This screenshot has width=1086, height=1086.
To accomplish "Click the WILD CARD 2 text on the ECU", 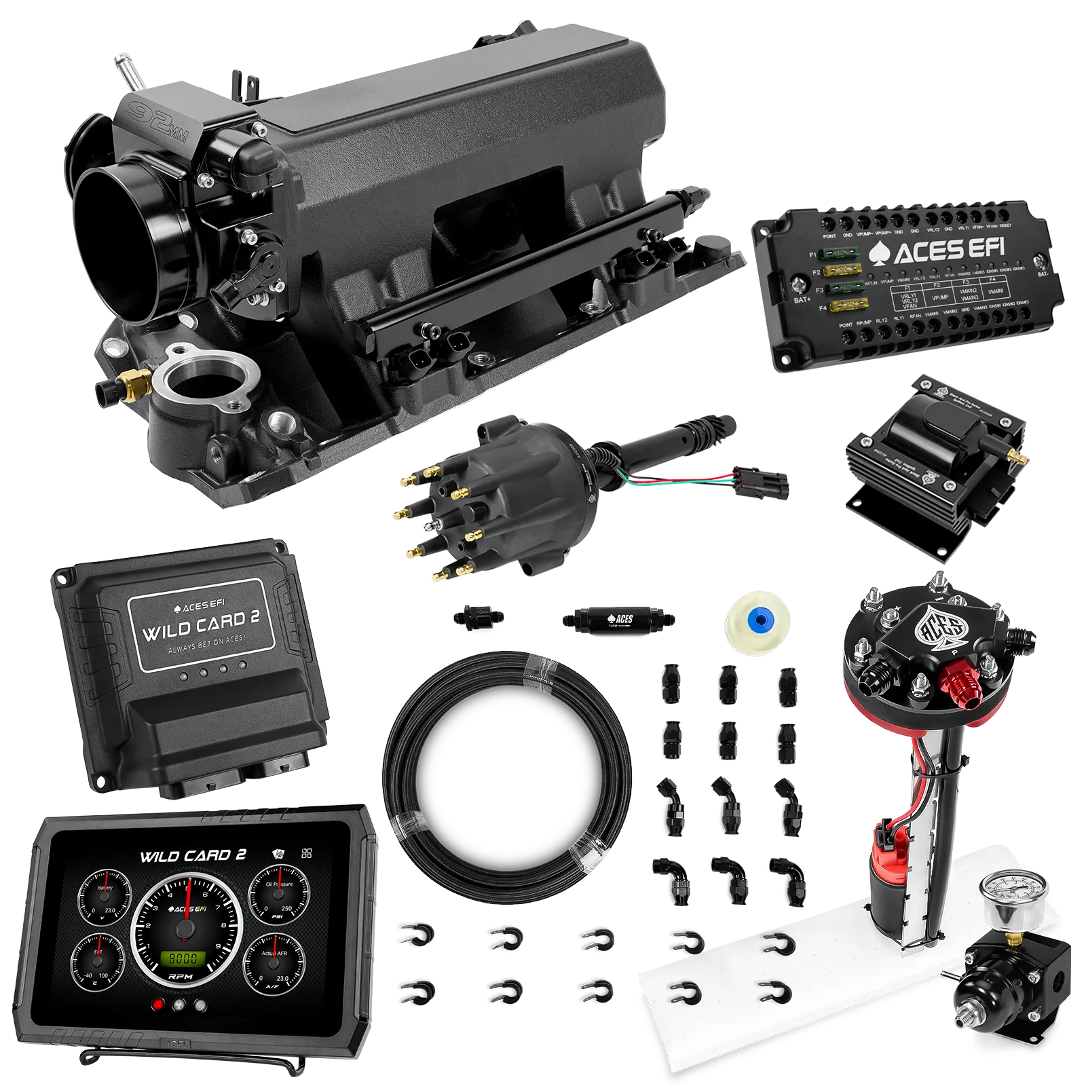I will [200, 626].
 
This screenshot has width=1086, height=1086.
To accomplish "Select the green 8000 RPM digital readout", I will [183, 958].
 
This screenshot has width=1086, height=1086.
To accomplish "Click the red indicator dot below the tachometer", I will [158, 1005].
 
